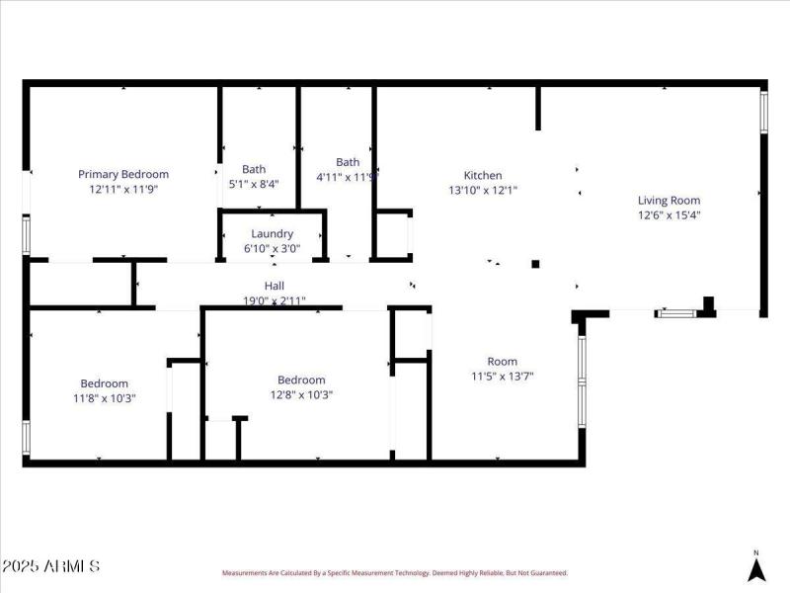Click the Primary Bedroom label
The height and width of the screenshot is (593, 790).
123,174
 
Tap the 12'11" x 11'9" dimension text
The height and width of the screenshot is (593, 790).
123,188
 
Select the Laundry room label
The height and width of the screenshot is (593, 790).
272,234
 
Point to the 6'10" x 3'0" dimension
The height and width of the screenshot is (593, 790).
272,248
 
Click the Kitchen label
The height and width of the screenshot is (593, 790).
483,176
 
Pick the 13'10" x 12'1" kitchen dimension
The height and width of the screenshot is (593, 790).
483,190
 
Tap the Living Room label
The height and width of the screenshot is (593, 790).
669,200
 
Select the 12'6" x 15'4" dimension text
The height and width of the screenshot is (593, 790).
669,214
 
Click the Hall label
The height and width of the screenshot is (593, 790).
274,286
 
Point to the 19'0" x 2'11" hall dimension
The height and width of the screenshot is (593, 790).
274,299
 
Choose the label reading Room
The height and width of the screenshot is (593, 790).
502,362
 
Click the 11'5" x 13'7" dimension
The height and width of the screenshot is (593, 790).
502,376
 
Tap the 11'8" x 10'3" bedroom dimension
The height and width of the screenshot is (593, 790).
104,398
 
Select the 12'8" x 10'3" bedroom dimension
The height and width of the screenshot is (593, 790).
301,394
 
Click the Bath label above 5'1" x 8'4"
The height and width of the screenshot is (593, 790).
254,169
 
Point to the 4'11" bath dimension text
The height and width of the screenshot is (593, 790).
345,177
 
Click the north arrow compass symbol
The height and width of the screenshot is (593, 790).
756,568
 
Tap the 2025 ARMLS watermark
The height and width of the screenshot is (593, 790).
50,566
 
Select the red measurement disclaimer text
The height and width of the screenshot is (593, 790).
395,572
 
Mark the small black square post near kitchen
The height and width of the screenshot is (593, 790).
535,264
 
